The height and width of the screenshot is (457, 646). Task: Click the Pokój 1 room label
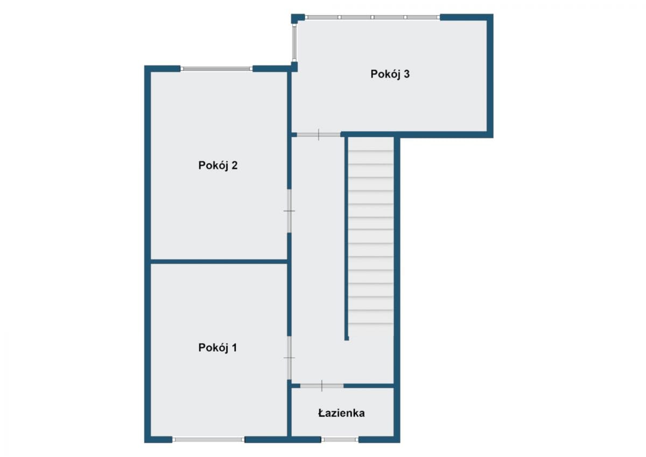coord(217,348)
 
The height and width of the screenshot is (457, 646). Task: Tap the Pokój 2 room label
coord(217,165)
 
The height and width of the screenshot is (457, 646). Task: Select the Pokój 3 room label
coord(390,74)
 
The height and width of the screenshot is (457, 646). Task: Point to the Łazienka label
coord(341,413)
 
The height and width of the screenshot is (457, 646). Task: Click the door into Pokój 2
coord(289,211)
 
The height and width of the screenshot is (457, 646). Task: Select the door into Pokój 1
coord(289,357)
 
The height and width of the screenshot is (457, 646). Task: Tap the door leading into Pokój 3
coord(319,135)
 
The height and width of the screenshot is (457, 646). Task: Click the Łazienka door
coord(322,386)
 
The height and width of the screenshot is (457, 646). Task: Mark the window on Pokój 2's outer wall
coord(216,69)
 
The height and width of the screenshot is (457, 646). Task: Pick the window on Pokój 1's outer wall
coord(208,440)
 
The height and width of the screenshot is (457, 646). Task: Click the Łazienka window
coord(340,440)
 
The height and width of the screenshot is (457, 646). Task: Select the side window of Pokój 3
coord(294,43)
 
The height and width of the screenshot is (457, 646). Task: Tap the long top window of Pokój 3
coord(373,17)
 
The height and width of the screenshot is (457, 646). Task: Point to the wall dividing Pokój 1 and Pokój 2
coord(219,262)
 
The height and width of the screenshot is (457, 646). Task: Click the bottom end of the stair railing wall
coord(347,339)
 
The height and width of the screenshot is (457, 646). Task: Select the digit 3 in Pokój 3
coord(406,74)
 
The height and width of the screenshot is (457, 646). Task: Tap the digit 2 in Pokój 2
coord(234,165)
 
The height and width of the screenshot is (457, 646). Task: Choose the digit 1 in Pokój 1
coord(235,348)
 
